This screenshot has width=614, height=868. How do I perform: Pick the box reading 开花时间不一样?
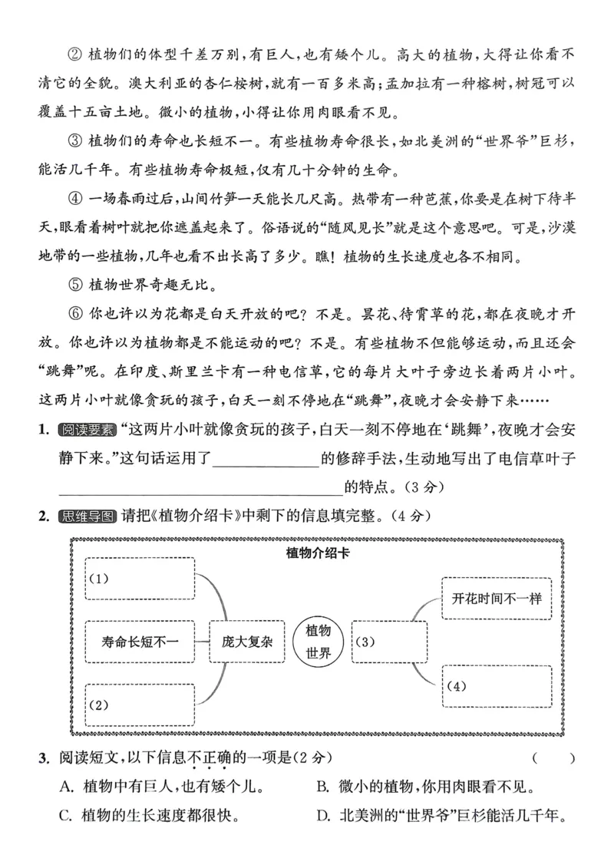[497, 598]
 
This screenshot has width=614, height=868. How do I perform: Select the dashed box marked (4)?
[497, 686]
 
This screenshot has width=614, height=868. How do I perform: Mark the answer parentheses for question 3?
[553, 759]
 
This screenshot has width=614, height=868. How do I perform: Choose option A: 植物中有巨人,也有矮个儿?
[161, 787]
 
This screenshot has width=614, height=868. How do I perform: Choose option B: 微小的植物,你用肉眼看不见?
[426, 787]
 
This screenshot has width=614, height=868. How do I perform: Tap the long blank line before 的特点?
[200, 487]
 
